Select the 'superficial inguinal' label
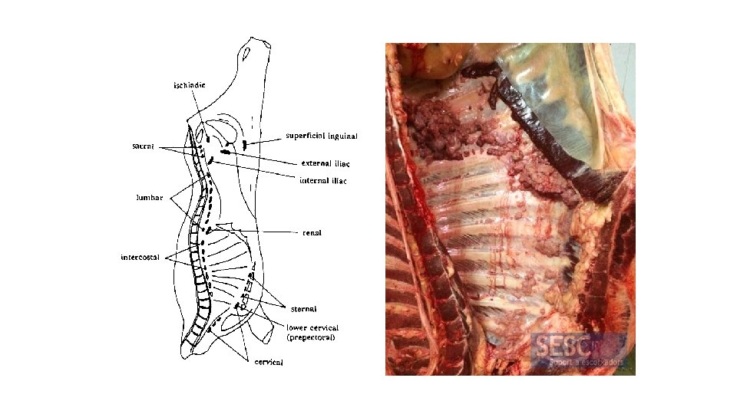point(322,136)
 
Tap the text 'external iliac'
point(326,163)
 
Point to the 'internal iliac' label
point(322,181)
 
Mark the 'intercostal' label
point(140,257)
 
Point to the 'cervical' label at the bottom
point(269,362)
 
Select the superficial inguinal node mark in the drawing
point(244,144)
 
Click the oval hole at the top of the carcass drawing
point(245,54)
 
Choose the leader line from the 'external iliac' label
point(261,158)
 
